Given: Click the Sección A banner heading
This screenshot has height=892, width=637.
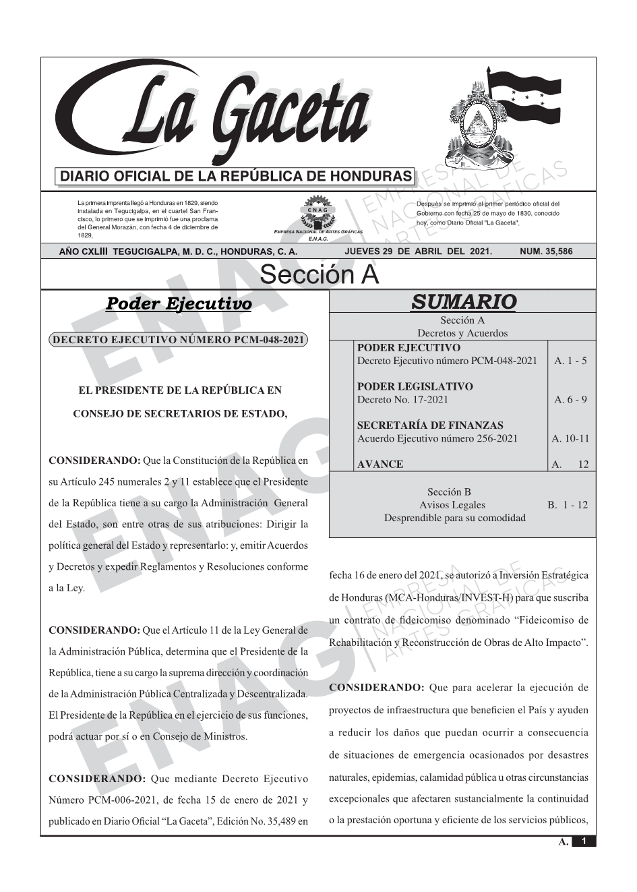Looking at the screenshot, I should click(319, 275).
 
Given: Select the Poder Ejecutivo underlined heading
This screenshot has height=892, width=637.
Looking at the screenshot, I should click(179, 304).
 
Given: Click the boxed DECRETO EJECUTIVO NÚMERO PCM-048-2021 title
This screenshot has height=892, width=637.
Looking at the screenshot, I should click(178, 340).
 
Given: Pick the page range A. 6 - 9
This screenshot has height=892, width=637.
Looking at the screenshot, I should click(570, 400).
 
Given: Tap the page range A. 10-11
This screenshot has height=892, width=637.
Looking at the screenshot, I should click(570, 439).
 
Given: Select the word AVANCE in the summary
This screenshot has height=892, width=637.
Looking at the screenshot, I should click(380, 465).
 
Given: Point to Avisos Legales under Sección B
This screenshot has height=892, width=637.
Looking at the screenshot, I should click(452, 505).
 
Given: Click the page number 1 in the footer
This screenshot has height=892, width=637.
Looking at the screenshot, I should click(584, 841).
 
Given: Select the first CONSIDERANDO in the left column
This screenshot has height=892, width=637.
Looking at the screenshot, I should click(94, 461).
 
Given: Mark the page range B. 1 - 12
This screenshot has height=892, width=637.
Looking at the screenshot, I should click(568, 505).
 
